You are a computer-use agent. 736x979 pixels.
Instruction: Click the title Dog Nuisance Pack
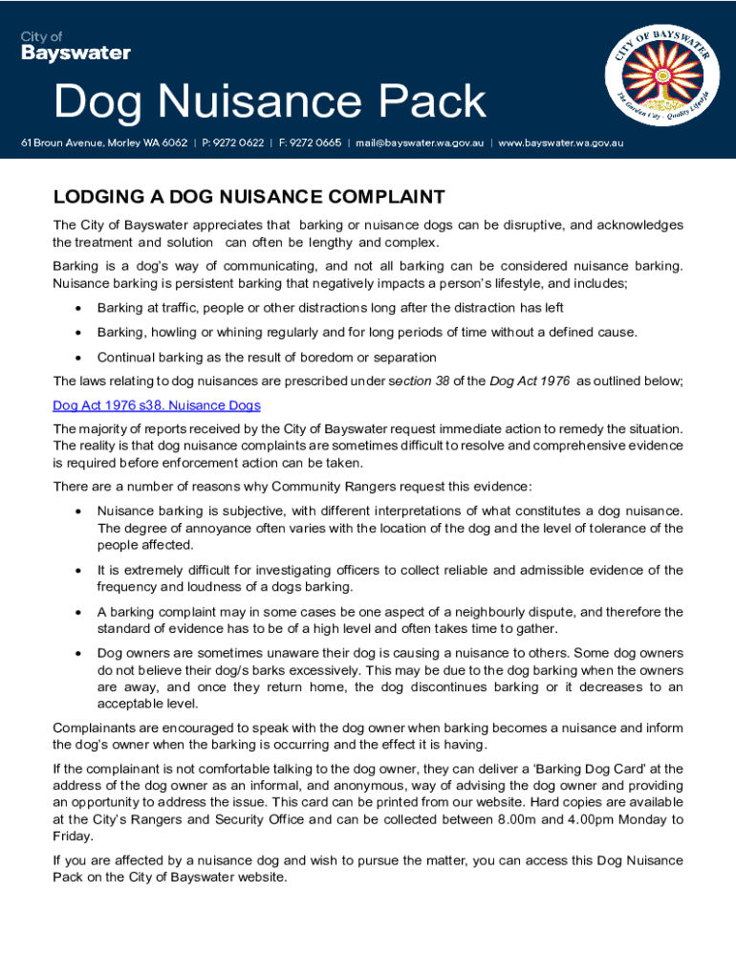click(271, 101)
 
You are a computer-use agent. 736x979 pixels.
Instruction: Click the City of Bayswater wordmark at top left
click(76, 46)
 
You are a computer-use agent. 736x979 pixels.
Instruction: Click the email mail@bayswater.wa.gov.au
click(420, 143)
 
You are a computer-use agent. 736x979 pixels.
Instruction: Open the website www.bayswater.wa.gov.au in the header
click(561, 143)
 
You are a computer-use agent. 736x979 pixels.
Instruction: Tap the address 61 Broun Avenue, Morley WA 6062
click(105, 143)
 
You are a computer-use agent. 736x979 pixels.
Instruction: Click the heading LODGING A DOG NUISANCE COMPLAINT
click(249, 198)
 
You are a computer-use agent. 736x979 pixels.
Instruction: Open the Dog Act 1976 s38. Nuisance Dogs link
click(157, 405)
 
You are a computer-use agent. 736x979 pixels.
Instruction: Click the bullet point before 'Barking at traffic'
click(76, 308)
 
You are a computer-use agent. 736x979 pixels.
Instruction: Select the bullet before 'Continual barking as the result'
click(76, 358)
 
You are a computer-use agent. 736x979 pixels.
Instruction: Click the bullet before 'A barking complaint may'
click(76, 612)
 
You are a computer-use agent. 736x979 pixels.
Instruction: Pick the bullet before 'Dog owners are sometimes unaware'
click(76, 653)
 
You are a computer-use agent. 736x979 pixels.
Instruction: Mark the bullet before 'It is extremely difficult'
click(76, 571)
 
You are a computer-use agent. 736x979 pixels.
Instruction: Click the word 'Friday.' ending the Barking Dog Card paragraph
click(73, 837)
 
